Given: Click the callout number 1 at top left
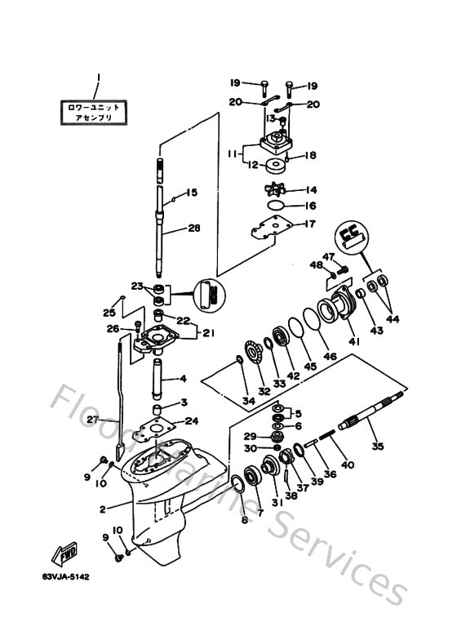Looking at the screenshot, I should click(97, 78).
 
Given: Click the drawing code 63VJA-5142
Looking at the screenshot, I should click(65, 577).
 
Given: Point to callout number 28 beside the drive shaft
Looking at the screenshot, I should click(193, 229).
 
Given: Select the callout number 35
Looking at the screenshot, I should click(377, 447).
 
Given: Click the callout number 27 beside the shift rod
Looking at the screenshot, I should click(91, 420).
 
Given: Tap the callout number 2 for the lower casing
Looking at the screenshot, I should click(103, 509).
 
